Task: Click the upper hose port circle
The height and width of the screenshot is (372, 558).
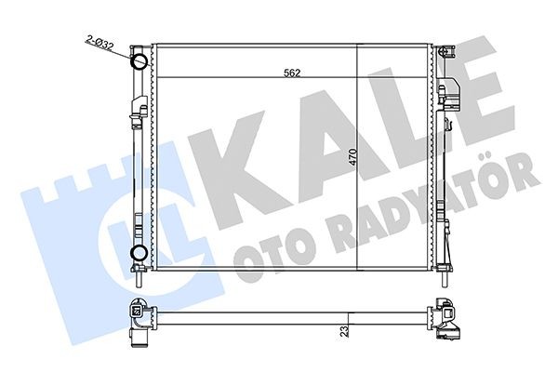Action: pos(139,63)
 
